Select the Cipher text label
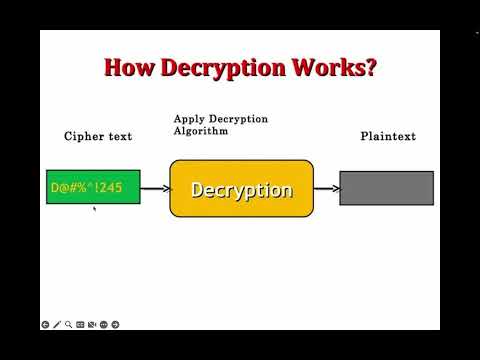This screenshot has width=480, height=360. pos(98,136)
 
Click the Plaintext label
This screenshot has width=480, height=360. pos(388,136)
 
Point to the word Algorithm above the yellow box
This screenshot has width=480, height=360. pos(200,131)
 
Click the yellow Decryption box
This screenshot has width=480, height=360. pos(241,189)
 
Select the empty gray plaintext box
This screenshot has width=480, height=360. pos(386,188)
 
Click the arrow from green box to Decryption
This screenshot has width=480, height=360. pos(155,188)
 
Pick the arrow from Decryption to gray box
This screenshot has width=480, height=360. pos(326,188)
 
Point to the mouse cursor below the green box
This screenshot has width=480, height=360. pos(94,209)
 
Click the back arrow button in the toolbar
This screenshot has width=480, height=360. pos(46,324)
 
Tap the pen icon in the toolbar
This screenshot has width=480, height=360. pos(57,324)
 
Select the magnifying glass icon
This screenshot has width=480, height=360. pos(69,324)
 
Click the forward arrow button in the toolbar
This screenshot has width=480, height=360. pos(115,324)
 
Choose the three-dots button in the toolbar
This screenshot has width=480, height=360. pos(103,324)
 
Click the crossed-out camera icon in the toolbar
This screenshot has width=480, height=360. pos(92,324)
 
